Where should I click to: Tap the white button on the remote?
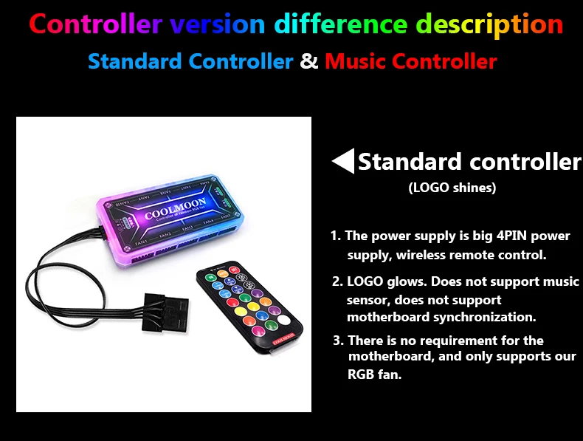tap(284, 320)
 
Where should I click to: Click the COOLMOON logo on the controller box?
tap(175, 209)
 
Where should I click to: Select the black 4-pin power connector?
tap(165, 312)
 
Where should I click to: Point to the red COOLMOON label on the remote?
tap(283, 339)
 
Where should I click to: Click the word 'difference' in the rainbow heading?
tap(341, 24)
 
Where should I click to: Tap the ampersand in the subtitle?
tap(309, 61)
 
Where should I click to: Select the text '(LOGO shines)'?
tap(452, 187)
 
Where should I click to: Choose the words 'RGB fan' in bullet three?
tap(374, 374)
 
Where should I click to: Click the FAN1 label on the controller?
tap(141, 242)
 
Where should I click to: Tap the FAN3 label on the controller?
tap(187, 228)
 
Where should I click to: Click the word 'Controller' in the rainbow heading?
tap(95, 24)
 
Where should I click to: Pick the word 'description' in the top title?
tap(490, 24)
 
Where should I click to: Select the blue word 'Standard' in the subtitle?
tap(135, 61)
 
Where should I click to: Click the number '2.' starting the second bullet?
tap(337, 281)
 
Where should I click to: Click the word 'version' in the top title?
tap(218, 24)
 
